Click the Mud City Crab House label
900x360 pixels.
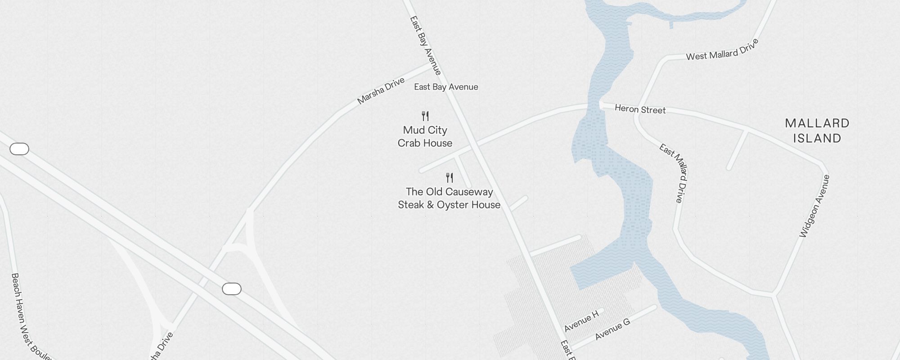click(425, 136)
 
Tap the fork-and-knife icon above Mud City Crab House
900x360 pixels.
click(425, 116)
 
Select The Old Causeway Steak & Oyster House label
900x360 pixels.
click(449, 198)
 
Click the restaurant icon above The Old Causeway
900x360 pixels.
click(450, 178)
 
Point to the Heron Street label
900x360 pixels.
click(640, 109)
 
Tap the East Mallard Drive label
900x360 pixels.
click(674, 173)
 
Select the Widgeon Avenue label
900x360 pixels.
click(814, 206)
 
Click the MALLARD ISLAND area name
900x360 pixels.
click(817, 130)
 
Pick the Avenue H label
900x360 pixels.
click(581, 321)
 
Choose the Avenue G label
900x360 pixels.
click(612, 329)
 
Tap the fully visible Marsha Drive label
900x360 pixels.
click(381, 91)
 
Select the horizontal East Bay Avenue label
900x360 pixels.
click(446, 87)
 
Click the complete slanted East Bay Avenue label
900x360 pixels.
click(425, 45)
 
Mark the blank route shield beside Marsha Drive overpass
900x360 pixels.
click(232, 289)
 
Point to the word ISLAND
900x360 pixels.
click(817, 138)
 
